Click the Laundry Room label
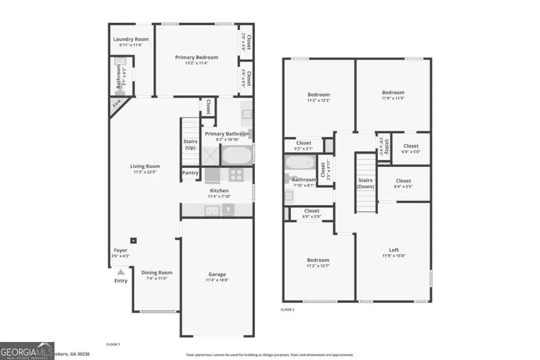131,40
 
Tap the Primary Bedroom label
196,58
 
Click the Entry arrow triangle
120,272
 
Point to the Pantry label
190,173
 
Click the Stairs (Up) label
190,145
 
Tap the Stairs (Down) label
365,183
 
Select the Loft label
394,250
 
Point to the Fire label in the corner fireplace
116,104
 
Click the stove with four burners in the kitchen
236,175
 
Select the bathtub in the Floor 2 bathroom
298,163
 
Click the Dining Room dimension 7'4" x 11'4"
157,278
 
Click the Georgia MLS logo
27,350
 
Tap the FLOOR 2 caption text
289,310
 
